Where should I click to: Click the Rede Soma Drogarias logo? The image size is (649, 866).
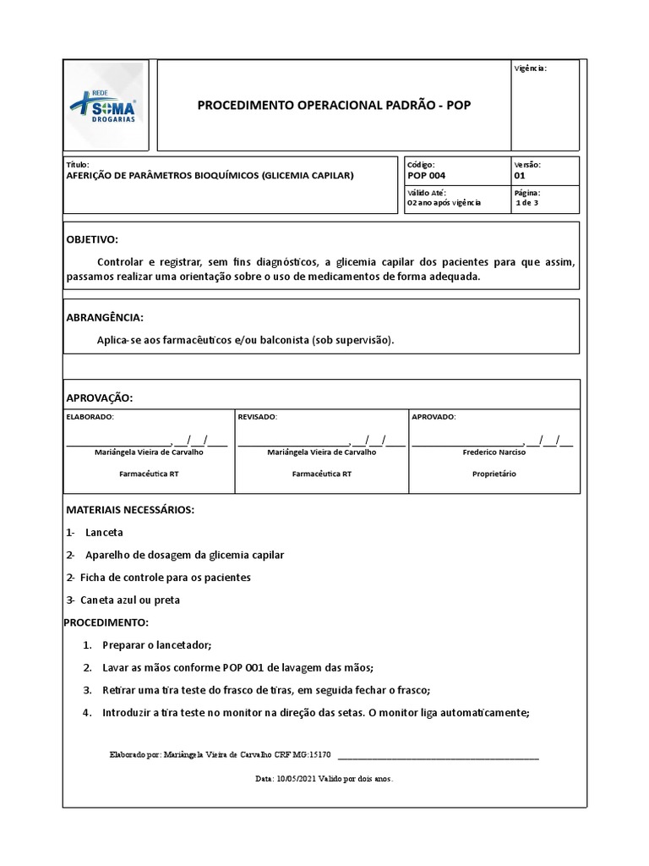tap(106, 105)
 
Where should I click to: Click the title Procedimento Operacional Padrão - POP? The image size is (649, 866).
tap(334, 106)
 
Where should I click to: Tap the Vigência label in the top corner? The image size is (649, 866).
tap(530, 68)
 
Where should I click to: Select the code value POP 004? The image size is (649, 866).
tap(426, 176)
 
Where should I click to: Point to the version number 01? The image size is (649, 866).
tap(519, 176)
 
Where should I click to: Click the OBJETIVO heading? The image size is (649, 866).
tap(92, 240)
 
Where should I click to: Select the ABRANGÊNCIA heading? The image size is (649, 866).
tap(105, 317)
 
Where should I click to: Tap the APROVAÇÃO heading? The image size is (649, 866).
tap(100, 398)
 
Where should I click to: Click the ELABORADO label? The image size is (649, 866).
tap(90, 417)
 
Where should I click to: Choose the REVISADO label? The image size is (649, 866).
tap(257, 417)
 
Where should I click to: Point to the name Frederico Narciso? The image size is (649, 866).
tap(494, 452)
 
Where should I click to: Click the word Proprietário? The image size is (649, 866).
tap(494, 474)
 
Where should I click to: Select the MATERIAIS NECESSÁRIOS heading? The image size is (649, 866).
tap(130, 510)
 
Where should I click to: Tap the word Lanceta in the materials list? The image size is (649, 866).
tap(104, 533)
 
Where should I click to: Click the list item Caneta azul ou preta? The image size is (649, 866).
tap(130, 600)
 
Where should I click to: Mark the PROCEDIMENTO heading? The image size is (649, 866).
tap(106, 622)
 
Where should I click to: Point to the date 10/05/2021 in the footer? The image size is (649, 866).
tap(295, 779)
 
